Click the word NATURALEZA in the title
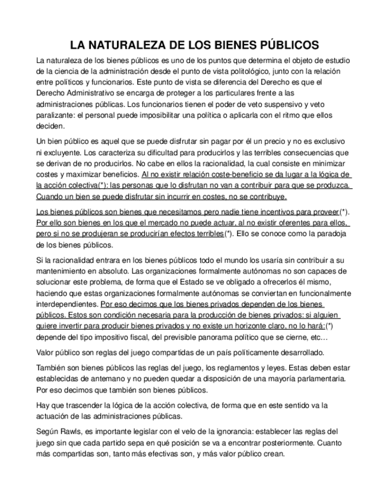pos(126,45)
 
